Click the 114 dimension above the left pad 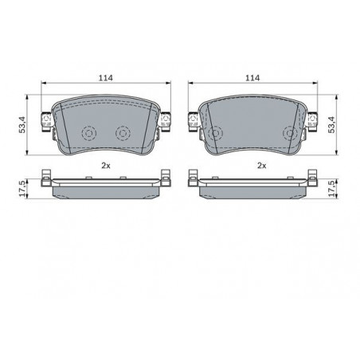coord(106,78)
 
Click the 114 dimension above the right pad coord(252,78)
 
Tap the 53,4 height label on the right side coord(331,124)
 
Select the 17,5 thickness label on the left coord(22,189)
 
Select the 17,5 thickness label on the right coord(331,189)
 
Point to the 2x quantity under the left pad coord(106,166)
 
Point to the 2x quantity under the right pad coord(261,166)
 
